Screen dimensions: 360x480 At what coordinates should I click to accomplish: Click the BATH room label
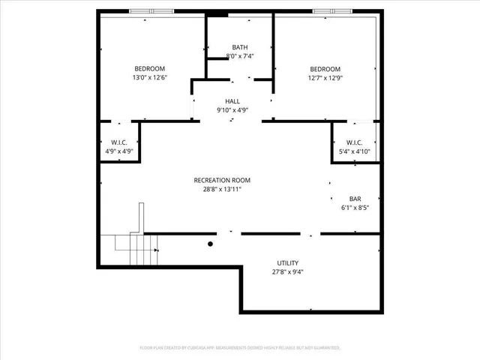pos(239,47)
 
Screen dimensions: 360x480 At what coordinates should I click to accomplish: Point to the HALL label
pos(232,101)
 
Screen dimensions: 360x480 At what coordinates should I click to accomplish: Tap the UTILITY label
pos(288,263)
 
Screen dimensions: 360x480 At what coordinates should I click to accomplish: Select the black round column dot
pos(211,243)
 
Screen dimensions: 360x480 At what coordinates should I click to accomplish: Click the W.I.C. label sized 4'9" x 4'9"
pos(119,142)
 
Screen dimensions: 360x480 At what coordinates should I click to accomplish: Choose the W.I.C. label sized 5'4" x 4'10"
pos(354,142)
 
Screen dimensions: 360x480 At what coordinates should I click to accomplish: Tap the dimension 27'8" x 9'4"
pos(288,272)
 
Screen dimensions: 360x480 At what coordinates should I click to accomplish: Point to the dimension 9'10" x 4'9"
pos(232,110)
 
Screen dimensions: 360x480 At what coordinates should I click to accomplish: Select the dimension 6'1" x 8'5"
pos(355,208)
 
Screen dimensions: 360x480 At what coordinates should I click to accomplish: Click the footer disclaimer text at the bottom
pos(240,347)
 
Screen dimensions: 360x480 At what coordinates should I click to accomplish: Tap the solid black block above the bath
pos(217,13)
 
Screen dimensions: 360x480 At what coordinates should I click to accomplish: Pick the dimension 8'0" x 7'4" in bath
pos(240,56)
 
